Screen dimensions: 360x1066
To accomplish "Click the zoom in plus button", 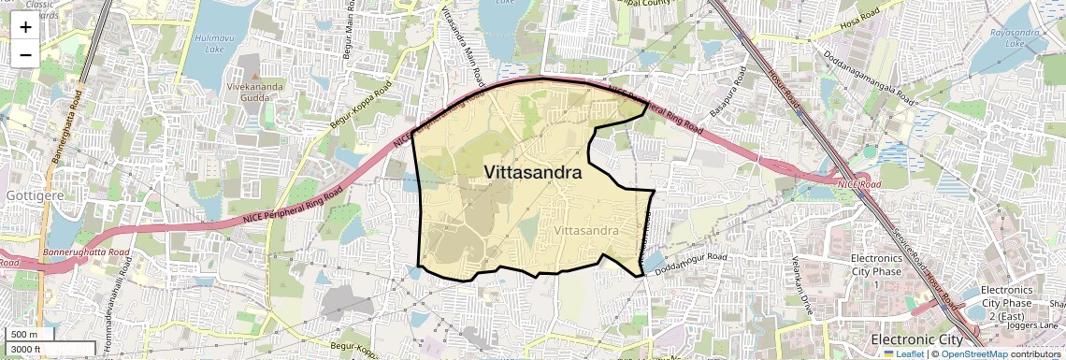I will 25,26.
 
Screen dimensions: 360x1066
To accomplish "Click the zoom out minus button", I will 25,54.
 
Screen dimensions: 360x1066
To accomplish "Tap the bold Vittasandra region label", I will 533,173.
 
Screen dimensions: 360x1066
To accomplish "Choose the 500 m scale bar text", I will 23,335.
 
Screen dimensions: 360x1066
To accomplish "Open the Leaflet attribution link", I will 903,353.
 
